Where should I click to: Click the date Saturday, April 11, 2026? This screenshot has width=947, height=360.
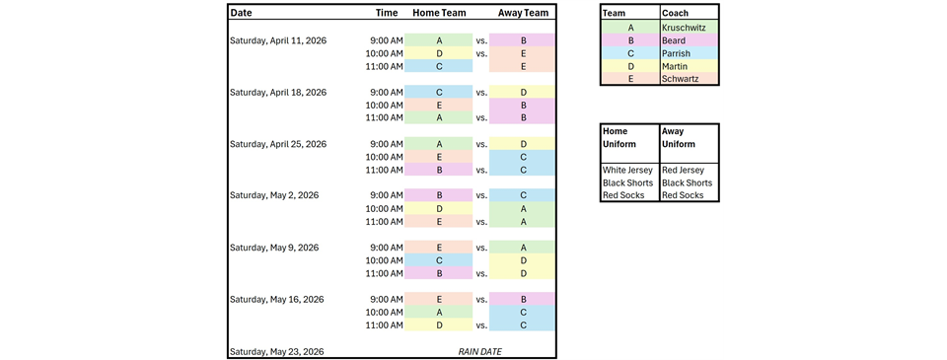(277, 40)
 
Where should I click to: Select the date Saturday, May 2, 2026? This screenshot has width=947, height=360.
(272, 195)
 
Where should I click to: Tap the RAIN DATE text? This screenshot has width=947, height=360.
(480, 351)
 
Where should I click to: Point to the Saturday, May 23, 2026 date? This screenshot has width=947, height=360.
(275, 351)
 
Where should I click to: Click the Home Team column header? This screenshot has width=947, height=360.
(439, 13)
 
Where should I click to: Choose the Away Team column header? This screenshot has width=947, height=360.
(523, 13)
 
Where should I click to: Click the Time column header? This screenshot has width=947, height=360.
(387, 13)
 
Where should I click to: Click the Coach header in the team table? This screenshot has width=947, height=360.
(676, 14)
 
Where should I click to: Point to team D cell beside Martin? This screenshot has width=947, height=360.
(630, 66)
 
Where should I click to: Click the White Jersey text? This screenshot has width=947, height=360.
(628, 170)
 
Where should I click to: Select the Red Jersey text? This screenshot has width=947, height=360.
(684, 170)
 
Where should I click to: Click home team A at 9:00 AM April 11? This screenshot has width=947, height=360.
(439, 40)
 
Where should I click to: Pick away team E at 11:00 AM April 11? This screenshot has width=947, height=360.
(523, 66)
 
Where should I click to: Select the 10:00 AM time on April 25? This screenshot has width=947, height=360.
(384, 157)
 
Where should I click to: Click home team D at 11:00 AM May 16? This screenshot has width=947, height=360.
(439, 324)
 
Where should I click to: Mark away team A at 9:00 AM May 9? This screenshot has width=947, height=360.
(523, 248)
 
